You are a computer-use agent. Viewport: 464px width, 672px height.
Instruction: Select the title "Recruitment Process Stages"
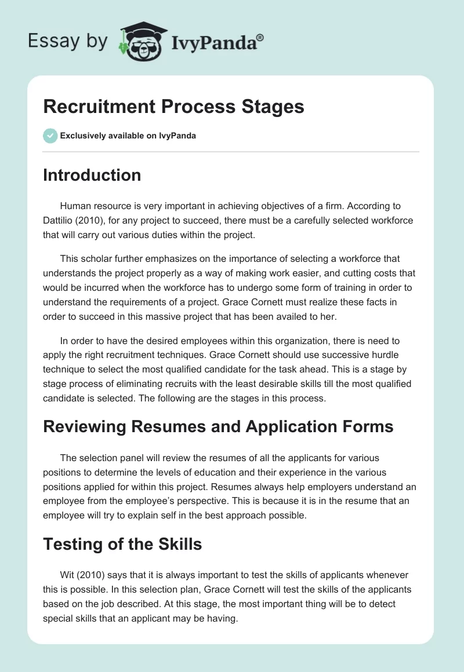[x=173, y=107]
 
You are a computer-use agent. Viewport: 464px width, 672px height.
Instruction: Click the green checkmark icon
[x=50, y=136]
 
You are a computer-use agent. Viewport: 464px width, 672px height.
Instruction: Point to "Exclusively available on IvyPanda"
[x=128, y=136]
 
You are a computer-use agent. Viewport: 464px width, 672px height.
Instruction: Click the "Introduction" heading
[x=92, y=175]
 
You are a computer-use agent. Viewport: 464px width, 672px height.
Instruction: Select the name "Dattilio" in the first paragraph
[x=61, y=221]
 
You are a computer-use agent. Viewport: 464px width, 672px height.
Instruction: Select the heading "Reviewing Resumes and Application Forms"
[x=218, y=427]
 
